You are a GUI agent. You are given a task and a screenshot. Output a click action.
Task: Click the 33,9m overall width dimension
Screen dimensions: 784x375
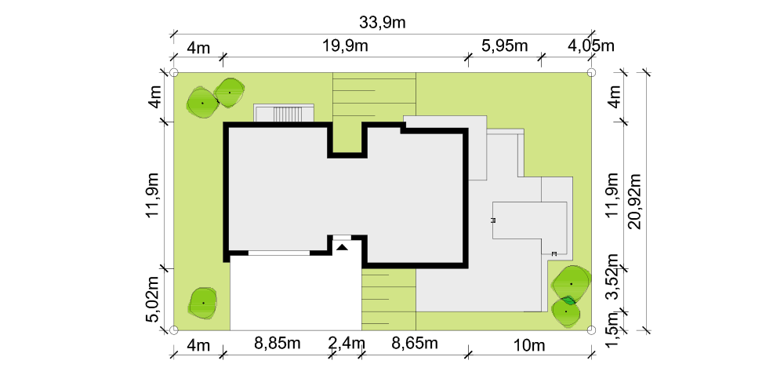[382, 23]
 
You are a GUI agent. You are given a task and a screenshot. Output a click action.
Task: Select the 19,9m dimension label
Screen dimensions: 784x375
[345, 46]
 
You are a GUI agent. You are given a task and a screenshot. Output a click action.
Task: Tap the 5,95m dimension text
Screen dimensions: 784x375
[504, 46]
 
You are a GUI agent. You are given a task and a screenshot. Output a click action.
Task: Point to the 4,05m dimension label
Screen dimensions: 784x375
[591, 46]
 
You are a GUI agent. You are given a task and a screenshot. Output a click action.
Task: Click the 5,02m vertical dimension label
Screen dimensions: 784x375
[153, 299]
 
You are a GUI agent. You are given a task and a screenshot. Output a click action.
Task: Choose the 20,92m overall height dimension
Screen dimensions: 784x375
[634, 202]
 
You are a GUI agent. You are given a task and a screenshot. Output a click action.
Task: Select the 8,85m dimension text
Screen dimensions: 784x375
[278, 344]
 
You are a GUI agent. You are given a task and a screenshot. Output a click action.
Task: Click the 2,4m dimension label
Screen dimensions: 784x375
[347, 344]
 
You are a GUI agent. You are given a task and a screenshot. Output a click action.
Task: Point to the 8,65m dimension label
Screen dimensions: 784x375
[415, 344]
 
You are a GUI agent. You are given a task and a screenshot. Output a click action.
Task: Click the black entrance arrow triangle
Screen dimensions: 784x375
[342, 247]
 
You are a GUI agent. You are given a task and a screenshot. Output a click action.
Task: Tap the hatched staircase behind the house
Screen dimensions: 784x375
[288, 115]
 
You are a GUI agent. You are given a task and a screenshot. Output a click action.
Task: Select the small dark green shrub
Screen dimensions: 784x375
[568, 301]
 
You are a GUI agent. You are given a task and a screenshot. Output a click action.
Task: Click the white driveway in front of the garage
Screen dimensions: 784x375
[296, 293]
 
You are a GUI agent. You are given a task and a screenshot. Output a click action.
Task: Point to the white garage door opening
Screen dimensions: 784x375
[279, 253]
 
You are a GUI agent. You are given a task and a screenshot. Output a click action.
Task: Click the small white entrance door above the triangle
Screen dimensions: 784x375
[342, 238]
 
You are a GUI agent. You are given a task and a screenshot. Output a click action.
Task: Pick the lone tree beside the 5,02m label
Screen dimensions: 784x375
[203, 303]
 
